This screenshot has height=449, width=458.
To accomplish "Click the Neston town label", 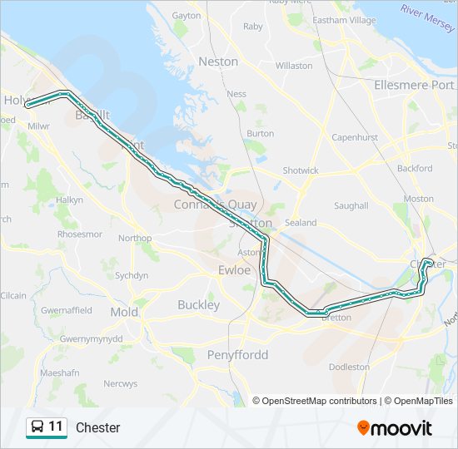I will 218,62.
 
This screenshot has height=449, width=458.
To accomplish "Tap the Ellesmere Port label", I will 414,85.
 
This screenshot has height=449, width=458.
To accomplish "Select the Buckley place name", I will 198,305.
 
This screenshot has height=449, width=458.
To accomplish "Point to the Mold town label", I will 124,313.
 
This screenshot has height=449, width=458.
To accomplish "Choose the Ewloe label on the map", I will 234,270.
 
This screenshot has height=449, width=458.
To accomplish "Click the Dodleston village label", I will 350,367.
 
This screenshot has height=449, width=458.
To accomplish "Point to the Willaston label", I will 294,66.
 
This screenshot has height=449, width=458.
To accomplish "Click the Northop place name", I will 135,238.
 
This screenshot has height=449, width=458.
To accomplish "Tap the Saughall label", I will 351,205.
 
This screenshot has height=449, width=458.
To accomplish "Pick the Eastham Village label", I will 344,20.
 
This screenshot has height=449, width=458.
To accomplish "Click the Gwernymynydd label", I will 92,339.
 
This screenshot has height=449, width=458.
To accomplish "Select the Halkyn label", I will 70,200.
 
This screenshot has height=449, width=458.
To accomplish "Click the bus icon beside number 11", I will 37,427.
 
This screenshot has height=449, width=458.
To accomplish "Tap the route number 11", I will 56,427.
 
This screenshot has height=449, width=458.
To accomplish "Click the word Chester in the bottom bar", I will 98,427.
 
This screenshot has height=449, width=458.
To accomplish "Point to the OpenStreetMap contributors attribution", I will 320,401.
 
